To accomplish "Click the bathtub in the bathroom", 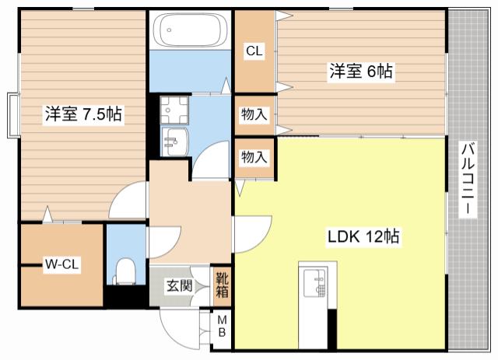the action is [x=190, y=30].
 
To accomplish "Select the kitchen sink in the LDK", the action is [x=315, y=283].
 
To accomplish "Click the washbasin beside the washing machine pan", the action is [x=174, y=142].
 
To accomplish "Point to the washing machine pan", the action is [x=174, y=110].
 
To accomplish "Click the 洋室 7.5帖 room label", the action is [x=83, y=114].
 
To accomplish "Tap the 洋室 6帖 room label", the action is [x=361, y=71].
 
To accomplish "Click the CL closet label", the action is [x=254, y=51].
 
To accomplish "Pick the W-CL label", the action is [x=61, y=264].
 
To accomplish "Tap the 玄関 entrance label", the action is [x=180, y=286].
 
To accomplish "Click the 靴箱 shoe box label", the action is [x=222, y=285].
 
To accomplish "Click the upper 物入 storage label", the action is [x=254, y=114].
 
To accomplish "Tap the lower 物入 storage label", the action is [x=254, y=157].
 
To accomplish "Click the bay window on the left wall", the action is [x=13, y=116].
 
